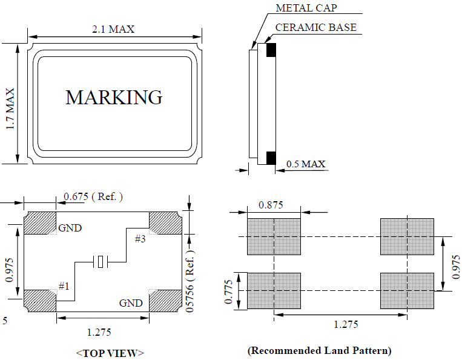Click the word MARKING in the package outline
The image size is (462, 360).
[x=114, y=97]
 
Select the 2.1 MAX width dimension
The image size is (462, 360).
[x=113, y=29]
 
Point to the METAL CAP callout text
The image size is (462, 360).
[x=306, y=8]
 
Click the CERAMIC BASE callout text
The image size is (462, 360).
[x=315, y=27]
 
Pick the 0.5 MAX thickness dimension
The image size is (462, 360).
[x=306, y=164]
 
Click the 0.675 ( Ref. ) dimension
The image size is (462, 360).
[x=93, y=196]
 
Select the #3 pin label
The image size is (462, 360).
[x=140, y=239]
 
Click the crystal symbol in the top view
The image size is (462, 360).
[x=101, y=262]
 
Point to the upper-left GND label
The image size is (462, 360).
[x=70, y=228]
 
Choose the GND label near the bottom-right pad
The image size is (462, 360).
[x=131, y=302]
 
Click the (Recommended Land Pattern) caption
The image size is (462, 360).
[x=319, y=350]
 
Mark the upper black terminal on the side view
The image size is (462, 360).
[x=271, y=50]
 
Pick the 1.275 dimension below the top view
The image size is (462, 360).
[x=99, y=332]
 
